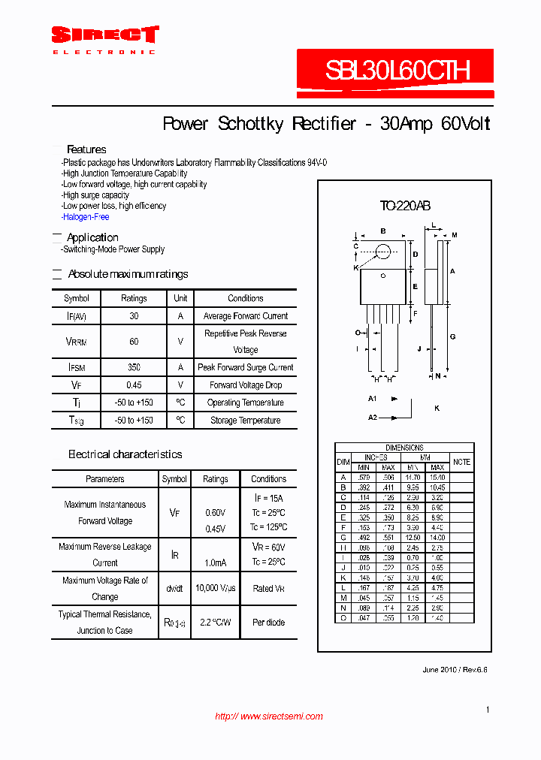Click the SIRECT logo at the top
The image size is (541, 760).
(104, 35)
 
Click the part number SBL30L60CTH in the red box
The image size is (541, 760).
(397, 71)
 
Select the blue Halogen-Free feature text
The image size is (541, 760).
(86, 217)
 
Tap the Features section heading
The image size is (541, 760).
(86, 149)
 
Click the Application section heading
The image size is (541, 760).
(92, 237)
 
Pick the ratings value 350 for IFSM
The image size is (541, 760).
(134, 367)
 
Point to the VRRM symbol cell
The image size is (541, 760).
(76, 341)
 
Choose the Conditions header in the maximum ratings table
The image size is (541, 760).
(245, 298)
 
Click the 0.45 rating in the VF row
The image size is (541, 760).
(134, 385)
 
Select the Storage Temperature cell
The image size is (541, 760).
(245, 421)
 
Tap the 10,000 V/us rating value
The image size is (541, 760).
(215, 588)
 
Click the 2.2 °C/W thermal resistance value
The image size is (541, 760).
(215, 623)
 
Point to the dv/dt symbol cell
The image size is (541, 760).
(174, 588)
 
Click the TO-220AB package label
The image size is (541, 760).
(404, 206)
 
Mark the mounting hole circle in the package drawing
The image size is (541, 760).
(383, 252)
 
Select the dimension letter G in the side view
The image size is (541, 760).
(453, 337)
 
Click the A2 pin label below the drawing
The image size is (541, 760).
(373, 417)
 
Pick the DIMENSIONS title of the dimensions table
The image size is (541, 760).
(404, 448)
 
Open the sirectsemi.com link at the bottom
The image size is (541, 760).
(269, 716)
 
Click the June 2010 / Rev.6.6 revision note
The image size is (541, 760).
(455, 669)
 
